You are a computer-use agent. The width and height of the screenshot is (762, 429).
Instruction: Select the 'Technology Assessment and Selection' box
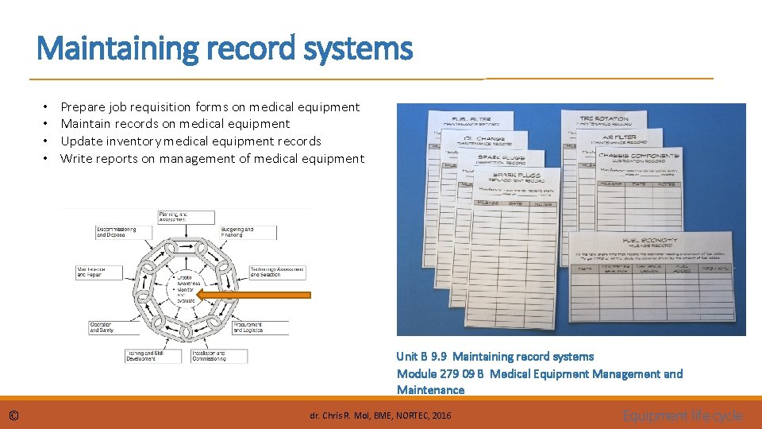275,272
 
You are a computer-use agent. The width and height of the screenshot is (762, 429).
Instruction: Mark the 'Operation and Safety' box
105,327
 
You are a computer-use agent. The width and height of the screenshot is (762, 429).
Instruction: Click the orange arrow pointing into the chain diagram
253,295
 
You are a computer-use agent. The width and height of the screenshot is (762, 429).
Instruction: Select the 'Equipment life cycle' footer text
683,415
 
